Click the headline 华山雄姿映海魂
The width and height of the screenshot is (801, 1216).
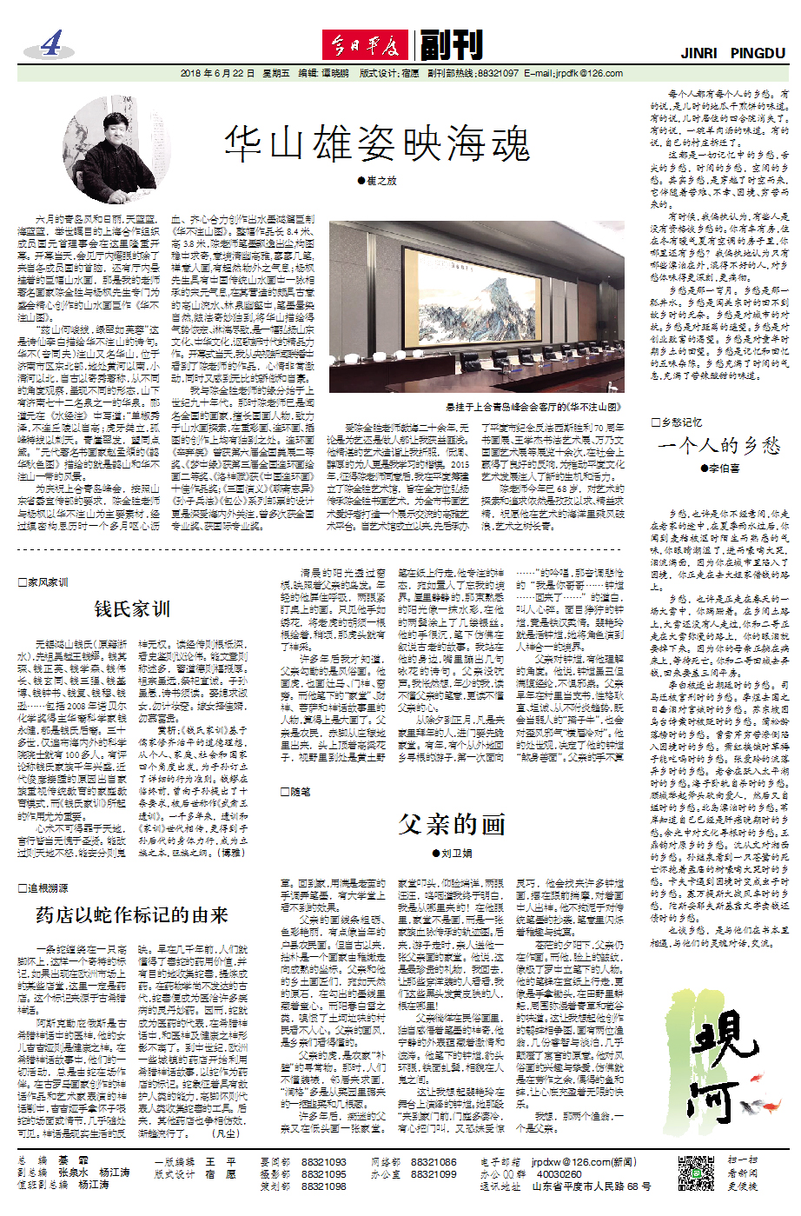point(377,143)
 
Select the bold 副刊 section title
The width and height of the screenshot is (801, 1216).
point(450,44)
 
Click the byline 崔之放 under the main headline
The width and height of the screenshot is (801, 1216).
point(377,181)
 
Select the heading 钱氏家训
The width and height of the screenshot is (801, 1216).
point(132,609)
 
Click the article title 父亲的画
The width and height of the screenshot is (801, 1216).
point(452,823)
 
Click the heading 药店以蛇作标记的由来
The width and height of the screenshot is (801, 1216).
point(131,914)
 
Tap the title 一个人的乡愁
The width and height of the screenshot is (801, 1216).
point(719,446)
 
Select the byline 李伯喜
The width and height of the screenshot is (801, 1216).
point(720,468)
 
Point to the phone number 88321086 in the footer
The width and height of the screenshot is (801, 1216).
point(433,1161)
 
